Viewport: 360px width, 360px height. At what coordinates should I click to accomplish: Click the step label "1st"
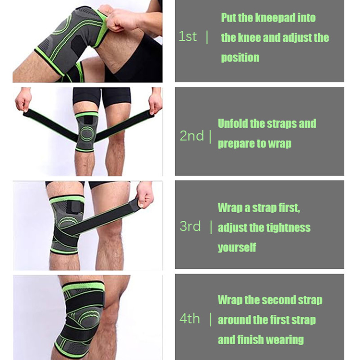pyautogui.click(x=188, y=36)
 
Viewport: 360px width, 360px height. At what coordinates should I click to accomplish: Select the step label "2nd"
pyautogui.click(x=192, y=136)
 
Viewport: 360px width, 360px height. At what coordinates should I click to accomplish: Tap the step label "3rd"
pyautogui.click(x=190, y=226)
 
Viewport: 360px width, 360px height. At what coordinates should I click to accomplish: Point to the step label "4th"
pyautogui.click(x=190, y=318)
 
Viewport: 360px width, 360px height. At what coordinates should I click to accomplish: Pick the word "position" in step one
pyautogui.click(x=240, y=58)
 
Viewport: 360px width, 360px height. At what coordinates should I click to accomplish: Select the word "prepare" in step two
pyautogui.click(x=235, y=144)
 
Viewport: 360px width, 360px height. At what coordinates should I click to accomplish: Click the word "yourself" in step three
pyautogui.click(x=237, y=248)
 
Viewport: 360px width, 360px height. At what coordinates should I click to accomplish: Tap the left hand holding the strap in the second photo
pyautogui.click(x=23, y=101)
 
